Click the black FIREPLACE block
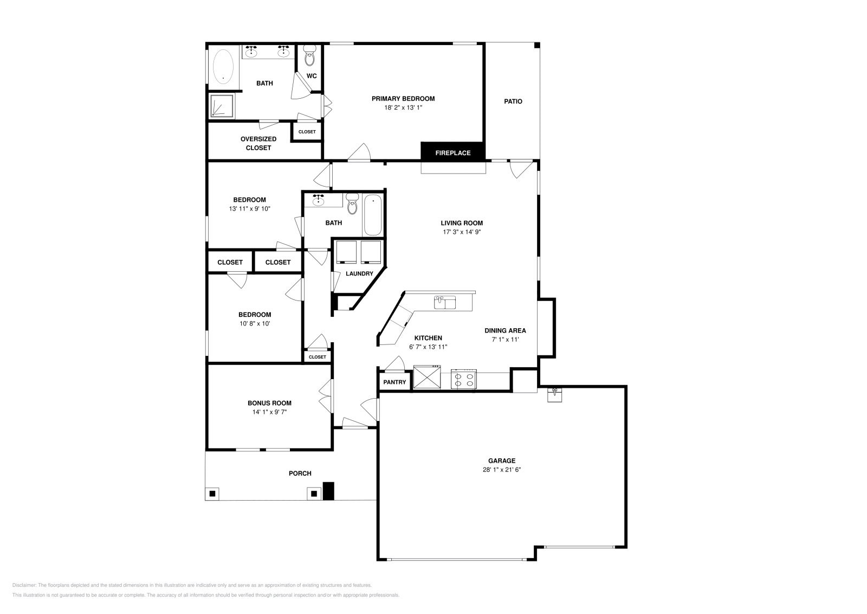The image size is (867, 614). click(x=453, y=152)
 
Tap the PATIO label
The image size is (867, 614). click(x=513, y=101)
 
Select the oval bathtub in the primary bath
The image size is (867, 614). click(x=223, y=67)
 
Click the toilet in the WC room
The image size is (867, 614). click(x=310, y=56)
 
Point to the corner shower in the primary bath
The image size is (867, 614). click(x=222, y=106)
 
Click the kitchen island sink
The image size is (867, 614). click(x=445, y=302)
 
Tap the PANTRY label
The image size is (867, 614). click(x=394, y=382)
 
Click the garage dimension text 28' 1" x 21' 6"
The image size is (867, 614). click(x=502, y=470)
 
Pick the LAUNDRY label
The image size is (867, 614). click(x=359, y=274)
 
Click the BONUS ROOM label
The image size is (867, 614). click(x=269, y=403)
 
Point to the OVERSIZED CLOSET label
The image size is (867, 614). click(x=258, y=143)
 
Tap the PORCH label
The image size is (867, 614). click(x=300, y=474)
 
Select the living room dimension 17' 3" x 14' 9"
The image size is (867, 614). click(x=462, y=232)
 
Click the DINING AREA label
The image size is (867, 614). click(x=505, y=330)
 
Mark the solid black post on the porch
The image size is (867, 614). click(x=328, y=491)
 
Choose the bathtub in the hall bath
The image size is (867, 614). click(x=373, y=215)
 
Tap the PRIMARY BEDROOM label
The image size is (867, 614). click(x=403, y=99)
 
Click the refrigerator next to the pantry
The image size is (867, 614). click(x=427, y=378)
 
